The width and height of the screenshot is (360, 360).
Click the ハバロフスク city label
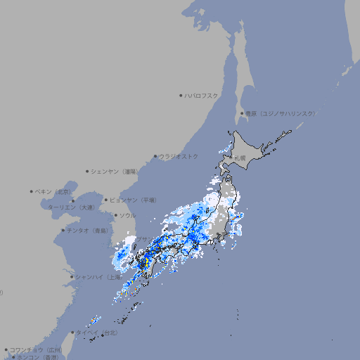[202, 95]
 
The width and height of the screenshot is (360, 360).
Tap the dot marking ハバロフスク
[181, 95]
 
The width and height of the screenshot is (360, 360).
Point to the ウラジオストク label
[179, 156]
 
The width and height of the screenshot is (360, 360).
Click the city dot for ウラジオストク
[155, 156]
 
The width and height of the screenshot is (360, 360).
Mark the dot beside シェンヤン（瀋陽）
[88, 171]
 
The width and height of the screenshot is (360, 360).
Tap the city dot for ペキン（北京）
[32, 191]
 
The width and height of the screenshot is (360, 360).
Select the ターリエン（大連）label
[70, 207]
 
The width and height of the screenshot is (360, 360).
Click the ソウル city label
[127, 215]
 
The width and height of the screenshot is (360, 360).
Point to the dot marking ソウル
[115, 215]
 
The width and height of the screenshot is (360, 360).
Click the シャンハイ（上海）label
[98, 276]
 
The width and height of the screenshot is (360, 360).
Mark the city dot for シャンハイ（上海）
[72, 276]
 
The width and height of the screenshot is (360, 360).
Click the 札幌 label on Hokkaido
[240, 158]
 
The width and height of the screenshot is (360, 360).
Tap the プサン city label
[143, 240]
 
